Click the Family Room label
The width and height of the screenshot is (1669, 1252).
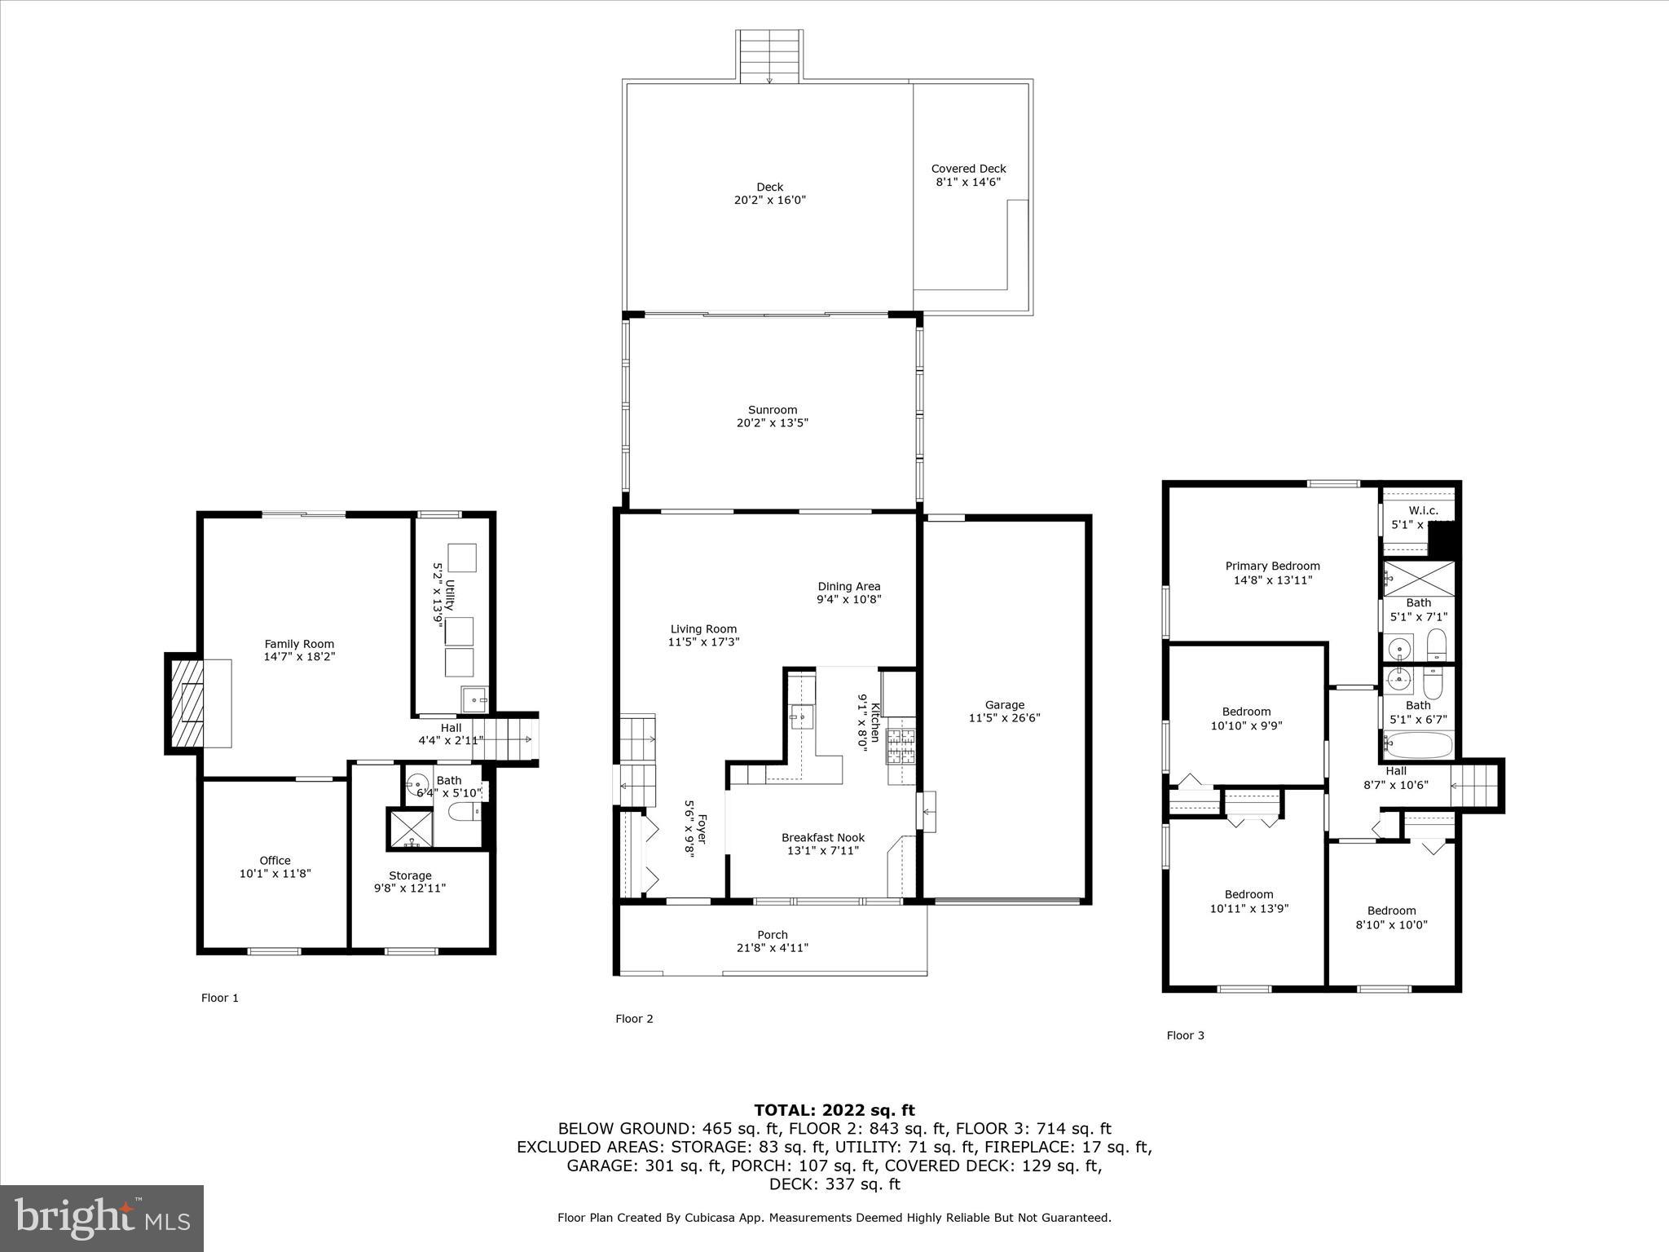pos(299,644)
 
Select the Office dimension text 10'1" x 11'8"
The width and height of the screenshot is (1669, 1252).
pos(275,874)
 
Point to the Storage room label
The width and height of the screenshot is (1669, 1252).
pos(410,875)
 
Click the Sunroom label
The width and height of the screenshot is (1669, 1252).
pos(773,410)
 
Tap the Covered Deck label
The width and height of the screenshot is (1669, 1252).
pos(968,169)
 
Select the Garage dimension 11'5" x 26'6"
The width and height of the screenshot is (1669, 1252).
pos(1004,718)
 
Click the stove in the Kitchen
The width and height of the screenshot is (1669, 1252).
pos(901,746)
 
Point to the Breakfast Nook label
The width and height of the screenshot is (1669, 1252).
pos(822,837)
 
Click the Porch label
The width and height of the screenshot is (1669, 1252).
pos(772,935)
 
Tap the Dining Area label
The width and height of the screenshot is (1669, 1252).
pos(848,586)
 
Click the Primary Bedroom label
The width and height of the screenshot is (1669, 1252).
pos(1272,566)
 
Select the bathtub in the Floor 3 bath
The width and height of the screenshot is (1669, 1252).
pos(1419,744)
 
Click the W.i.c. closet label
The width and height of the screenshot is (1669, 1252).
pos(1423,510)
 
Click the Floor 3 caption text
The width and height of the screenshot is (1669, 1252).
pos(1185,1035)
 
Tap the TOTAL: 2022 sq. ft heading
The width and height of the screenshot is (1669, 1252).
pos(834,1110)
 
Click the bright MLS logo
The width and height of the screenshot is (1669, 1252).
pos(102,1218)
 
